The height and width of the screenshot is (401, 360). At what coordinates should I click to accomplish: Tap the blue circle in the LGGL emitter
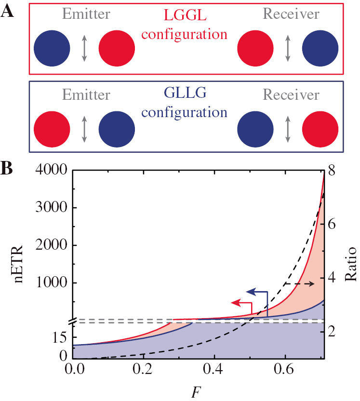(52, 49)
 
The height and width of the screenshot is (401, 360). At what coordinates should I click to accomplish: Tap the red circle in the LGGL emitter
(117, 49)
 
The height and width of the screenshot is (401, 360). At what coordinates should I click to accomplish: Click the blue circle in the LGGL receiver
(320, 49)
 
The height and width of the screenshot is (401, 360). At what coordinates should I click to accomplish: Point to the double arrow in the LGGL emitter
(84, 49)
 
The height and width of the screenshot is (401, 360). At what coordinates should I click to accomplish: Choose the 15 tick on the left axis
(58, 339)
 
